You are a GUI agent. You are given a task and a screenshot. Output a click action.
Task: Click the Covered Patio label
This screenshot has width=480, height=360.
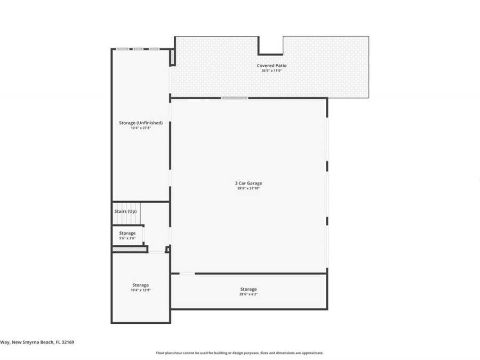point(271,66)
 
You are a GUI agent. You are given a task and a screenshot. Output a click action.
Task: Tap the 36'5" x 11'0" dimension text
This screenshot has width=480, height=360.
point(271,71)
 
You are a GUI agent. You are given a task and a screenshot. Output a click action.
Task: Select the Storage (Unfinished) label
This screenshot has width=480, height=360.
point(141,123)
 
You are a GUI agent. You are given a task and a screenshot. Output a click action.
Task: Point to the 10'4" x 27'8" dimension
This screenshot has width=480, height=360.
point(141,128)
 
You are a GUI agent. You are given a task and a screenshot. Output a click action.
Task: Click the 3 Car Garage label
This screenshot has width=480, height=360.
point(249,183)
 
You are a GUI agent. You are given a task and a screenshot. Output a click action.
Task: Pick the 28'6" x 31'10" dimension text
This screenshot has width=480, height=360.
point(249,188)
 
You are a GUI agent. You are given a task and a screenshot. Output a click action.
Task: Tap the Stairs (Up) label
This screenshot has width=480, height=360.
point(125,212)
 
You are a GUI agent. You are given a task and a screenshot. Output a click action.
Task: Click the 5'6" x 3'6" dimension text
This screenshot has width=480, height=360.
point(127,238)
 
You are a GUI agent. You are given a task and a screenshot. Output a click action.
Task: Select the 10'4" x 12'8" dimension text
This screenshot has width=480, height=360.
point(141,290)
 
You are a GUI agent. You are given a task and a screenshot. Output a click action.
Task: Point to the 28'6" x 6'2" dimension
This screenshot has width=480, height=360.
point(249,294)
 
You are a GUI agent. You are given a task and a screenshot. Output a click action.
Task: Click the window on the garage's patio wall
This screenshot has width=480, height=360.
point(235,98)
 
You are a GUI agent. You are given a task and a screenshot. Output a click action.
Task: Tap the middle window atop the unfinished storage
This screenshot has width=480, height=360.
point(138,49)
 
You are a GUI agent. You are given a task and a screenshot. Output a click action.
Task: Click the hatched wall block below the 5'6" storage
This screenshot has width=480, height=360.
point(129,249)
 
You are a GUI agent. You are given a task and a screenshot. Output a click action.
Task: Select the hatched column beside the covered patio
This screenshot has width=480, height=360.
point(172,57)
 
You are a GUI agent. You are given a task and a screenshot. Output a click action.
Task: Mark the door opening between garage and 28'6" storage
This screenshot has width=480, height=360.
point(187,274)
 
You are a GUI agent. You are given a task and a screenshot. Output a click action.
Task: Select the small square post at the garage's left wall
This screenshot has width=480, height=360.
point(167,249)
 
